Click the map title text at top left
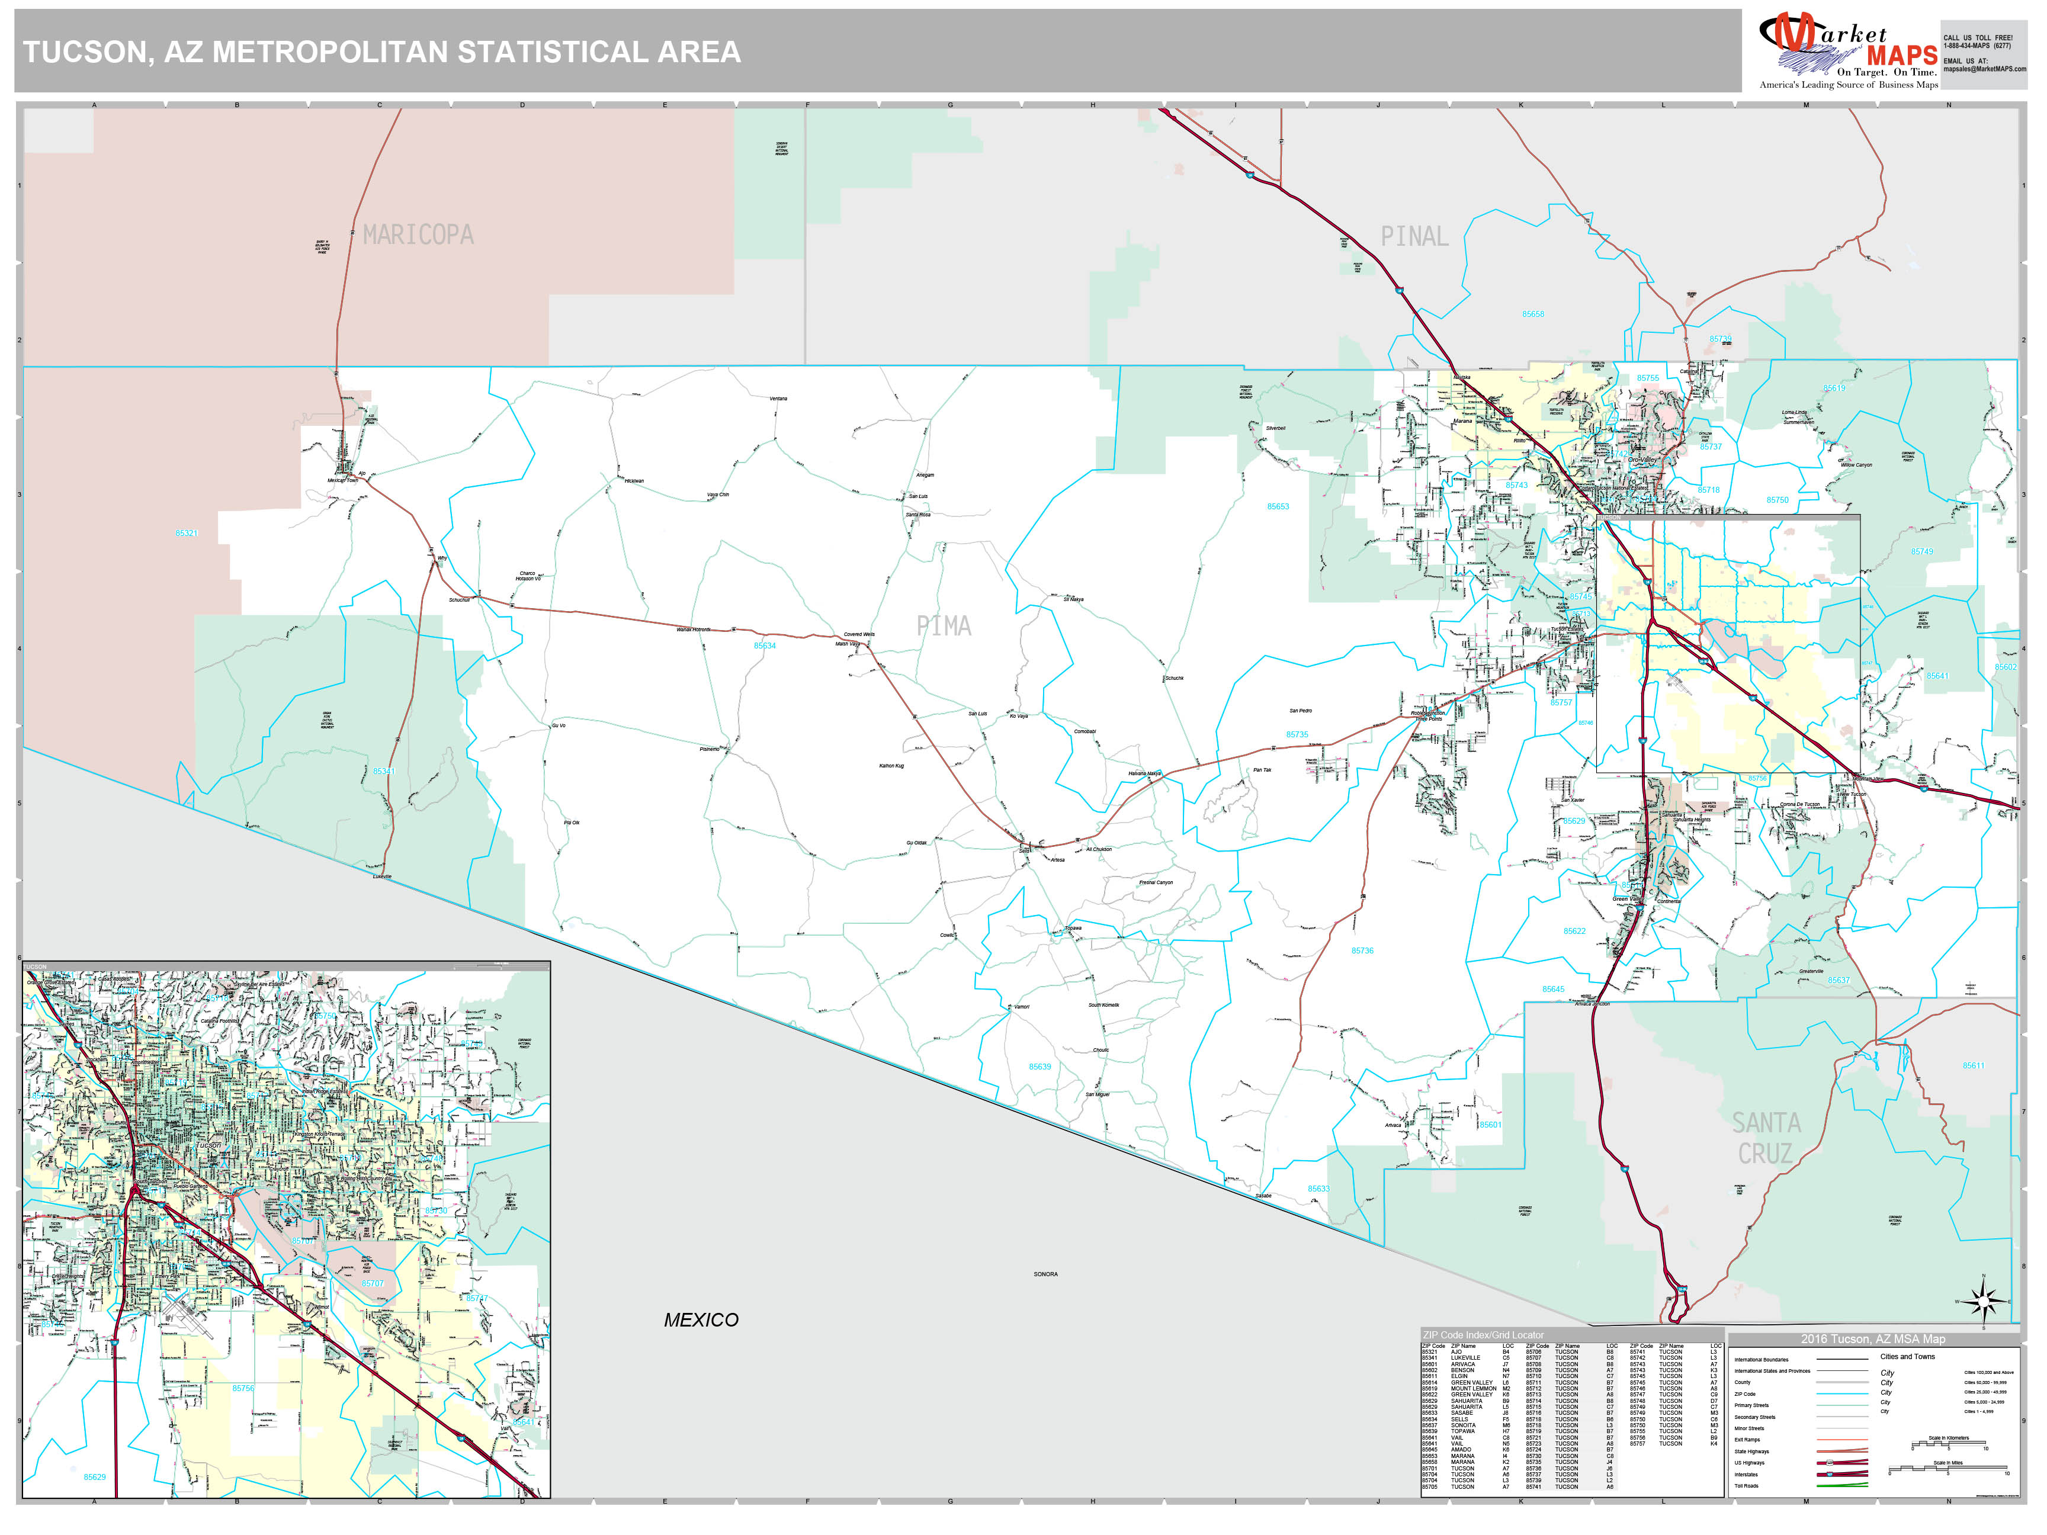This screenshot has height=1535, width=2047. tap(381, 52)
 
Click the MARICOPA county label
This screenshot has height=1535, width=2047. tap(418, 235)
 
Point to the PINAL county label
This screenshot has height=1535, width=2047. tap(1414, 237)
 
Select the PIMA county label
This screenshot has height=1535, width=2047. tap(944, 627)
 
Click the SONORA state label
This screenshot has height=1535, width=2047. tap(1045, 1274)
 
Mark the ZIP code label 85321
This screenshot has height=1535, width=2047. tap(187, 533)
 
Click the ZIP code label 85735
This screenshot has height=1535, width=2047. tap(1297, 735)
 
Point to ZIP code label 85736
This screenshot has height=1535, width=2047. tap(1362, 950)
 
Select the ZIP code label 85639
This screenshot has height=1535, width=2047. tap(1040, 1067)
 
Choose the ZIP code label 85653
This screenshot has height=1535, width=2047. tap(1278, 507)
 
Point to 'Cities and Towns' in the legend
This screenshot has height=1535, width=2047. tap(1907, 1356)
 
